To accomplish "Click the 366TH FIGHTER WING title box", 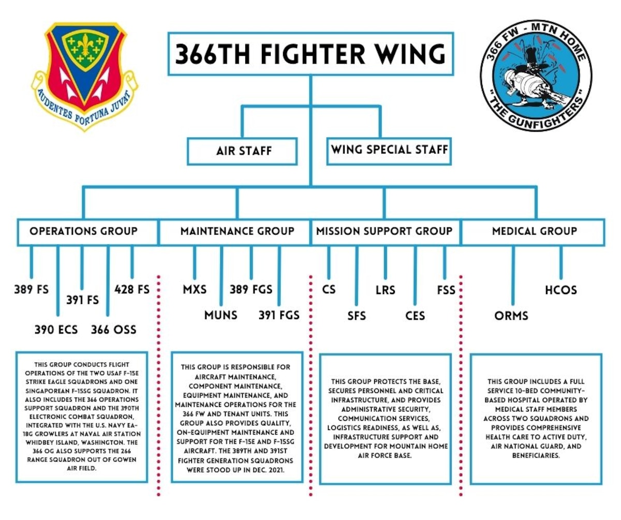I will (x=310, y=54).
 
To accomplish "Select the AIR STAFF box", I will (x=242, y=151).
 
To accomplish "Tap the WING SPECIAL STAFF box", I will (x=389, y=151).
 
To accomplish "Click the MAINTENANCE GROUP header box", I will (x=237, y=231).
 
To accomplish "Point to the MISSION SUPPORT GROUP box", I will (x=385, y=231).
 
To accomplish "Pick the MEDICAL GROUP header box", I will (x=534, y=231).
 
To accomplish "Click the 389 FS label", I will (x=31, y=289).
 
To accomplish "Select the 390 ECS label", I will (x=56, y=329).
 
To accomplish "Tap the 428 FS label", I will (x=132, y=289).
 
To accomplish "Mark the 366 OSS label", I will (x=113, y=329).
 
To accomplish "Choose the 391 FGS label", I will (x=279, y=314).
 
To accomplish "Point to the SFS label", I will (x=357, y=315).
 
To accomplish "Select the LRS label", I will (x=385, y=289).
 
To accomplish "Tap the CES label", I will (x=415, y=315).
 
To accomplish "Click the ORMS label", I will (x=511, y=315).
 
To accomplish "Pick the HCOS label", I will (x=561, y=289).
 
